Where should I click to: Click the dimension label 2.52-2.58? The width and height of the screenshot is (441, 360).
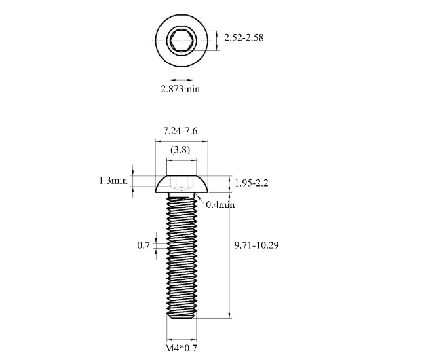(244, 38)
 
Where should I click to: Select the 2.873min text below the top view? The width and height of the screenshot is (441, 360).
(180, 89)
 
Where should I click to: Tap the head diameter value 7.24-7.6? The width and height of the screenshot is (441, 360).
(180, 130)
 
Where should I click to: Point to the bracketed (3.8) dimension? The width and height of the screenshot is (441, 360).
(180, 149)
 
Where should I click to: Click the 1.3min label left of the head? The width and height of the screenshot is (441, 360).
(113, 181)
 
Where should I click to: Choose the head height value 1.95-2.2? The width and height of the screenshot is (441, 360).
(252, 183)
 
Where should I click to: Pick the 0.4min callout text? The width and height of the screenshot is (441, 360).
(220, 205)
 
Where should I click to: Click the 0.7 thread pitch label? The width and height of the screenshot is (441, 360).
(144, 245)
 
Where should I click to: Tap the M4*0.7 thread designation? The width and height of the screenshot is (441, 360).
(180, 348)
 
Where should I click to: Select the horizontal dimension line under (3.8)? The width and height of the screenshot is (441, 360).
(180, 159)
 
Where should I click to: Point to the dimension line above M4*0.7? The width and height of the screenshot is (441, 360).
(180, 339)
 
